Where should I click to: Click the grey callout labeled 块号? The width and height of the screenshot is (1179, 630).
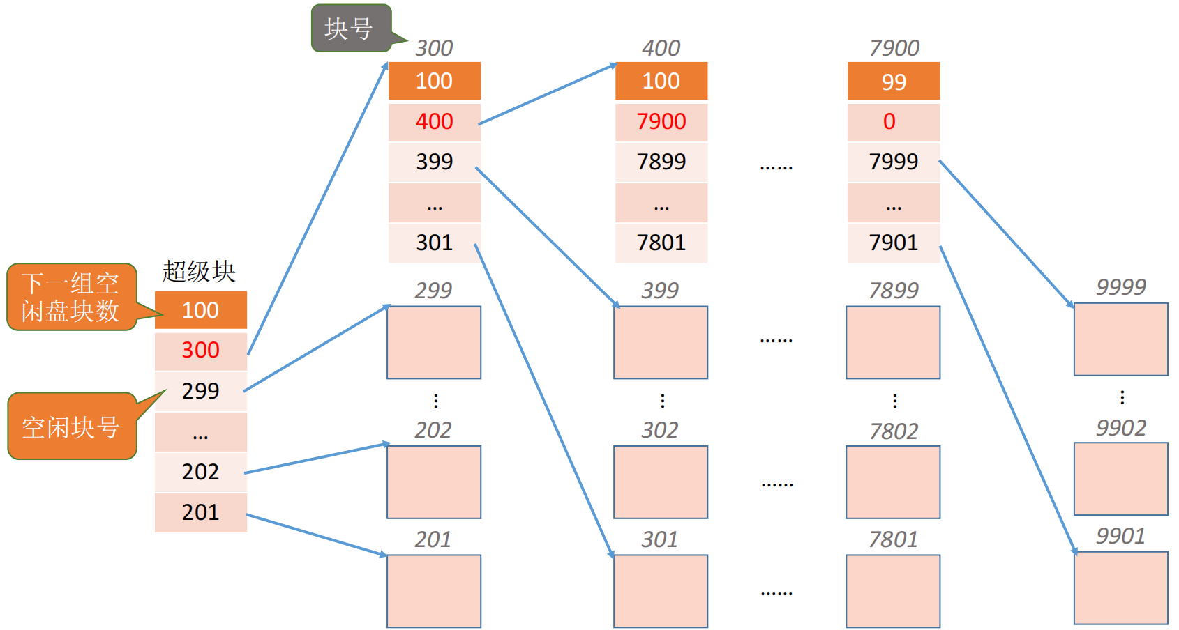click(x=351, y=29)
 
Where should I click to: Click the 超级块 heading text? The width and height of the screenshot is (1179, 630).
click(x=199, y=272)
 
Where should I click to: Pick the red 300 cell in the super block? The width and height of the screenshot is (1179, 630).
click(x=200, y=351)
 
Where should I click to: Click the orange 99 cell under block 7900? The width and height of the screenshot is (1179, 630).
click(x=894, y=81)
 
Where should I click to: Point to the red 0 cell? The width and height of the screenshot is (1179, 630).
click(x=894, y=122)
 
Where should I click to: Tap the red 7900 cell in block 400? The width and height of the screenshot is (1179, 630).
click(x=661, y=122)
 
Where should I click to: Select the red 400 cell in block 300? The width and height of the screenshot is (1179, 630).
click(x=434, y=122)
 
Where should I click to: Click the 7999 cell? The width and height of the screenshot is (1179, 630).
click(x=894, y=162)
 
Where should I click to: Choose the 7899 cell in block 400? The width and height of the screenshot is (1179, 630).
click(x=661, y=162)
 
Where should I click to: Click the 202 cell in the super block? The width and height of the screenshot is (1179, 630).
click(x=200, y=472)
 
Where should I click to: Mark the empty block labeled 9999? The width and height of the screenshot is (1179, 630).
click(x=1120, y=339)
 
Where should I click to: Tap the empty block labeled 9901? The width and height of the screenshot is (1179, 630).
click(x=1120, y=588)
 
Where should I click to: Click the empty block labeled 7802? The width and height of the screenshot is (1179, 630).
click(x=893, y=482)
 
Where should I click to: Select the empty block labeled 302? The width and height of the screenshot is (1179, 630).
click(x=661, y=482)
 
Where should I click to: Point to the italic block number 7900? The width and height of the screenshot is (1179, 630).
click(x=894, y=48)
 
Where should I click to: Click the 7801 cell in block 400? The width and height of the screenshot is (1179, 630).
click(x=661, y=243)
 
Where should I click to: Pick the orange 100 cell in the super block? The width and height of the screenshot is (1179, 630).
click(x=200, y=310)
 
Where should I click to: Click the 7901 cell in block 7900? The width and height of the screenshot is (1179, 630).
click(x=894, y=243)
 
